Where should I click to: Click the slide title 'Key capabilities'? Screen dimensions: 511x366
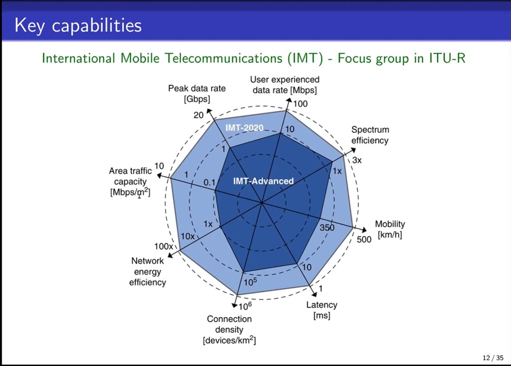78,25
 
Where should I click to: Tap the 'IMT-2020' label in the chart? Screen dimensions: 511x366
245,128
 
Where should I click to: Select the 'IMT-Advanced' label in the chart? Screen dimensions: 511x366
263,181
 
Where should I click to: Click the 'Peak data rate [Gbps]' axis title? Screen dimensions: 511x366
197,93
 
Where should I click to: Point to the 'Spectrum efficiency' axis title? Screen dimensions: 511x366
370,135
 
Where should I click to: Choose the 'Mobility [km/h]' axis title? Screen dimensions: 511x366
390,229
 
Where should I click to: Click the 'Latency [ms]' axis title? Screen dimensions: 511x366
322,310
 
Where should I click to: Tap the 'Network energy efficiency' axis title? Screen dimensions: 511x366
147,271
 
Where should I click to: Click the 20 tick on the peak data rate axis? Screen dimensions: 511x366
198,115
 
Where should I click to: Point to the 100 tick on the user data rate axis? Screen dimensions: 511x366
300,104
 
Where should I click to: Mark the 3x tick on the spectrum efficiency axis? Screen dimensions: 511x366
357,160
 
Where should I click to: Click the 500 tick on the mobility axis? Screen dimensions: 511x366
364,239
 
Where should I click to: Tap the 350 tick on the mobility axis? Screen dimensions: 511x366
327,227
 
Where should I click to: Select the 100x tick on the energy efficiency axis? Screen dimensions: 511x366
163,246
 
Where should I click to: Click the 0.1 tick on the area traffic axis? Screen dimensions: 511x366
209,182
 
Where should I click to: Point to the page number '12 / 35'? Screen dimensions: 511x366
493,358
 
